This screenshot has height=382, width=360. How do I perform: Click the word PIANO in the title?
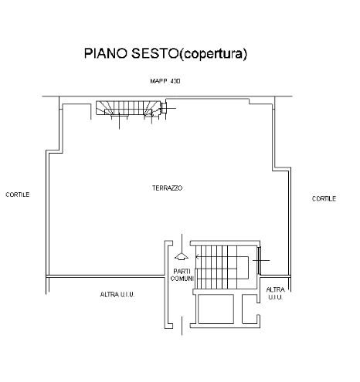106,53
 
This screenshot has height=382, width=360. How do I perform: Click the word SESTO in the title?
155,53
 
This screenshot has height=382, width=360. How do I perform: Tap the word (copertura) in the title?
212,54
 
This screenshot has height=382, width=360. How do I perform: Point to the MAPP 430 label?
165,81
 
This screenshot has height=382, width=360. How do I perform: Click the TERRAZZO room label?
167,188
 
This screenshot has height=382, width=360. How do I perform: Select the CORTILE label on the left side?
18,194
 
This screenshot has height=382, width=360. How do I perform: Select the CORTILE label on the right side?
324,198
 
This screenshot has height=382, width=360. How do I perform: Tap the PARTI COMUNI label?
182,275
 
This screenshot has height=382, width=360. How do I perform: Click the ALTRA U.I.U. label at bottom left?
117,294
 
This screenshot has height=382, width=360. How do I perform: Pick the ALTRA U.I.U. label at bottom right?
275,293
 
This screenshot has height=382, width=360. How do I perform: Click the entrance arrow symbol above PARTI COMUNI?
182,256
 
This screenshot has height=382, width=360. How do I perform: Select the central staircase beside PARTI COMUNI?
222,267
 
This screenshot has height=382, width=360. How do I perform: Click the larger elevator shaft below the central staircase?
216,309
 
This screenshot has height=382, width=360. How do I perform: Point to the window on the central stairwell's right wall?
259,260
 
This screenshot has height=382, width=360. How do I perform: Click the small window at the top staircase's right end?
164,108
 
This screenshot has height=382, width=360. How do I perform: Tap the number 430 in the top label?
175,81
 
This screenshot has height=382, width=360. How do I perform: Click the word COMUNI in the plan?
182,279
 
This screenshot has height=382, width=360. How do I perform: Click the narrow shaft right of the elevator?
250,309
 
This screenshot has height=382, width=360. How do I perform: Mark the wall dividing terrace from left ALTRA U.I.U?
106,276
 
